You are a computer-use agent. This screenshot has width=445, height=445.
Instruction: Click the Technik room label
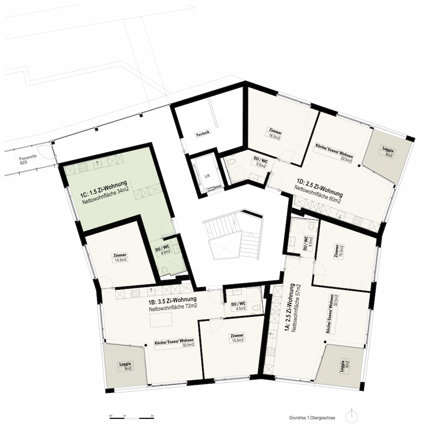pyautogui.click(x=202, y=133)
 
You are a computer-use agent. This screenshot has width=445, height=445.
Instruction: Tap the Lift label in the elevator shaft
pyautogui.click(x=207, y=176)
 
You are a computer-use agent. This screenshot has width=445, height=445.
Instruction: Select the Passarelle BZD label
pyautogui.click(x=24, y=161)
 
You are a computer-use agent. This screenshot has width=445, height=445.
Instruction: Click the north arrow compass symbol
pyautogui.click(x=352, y=417)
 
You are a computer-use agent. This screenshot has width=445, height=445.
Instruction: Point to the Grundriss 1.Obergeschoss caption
pyautogui.click(x=312, y=418)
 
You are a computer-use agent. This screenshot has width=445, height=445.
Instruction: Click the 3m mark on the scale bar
pyautogui.click(x=152, y=416)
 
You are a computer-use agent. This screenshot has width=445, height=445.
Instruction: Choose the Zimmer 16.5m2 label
pyautogui.click(x=275, y=135)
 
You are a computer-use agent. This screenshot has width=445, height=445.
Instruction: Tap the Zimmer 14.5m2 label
pyautogui.click(x=120, y=257)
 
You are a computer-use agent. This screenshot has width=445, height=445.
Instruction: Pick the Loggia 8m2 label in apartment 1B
pyautogui.click(x=125, y=366)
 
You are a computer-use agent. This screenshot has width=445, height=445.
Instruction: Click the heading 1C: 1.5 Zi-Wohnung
pyautogui.click(x=103, y=188)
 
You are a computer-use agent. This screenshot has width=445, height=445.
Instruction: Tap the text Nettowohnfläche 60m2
pyautogui.click(x=317, y=195)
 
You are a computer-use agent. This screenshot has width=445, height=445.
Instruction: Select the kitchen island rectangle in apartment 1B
pyautogui.click(x=161, y=320)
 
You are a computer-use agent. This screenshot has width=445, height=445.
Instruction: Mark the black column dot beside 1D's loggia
pyautogui.click(x=359, y=166)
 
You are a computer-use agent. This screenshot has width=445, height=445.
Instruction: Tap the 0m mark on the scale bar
pyautogui.click(x=111, y=416)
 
